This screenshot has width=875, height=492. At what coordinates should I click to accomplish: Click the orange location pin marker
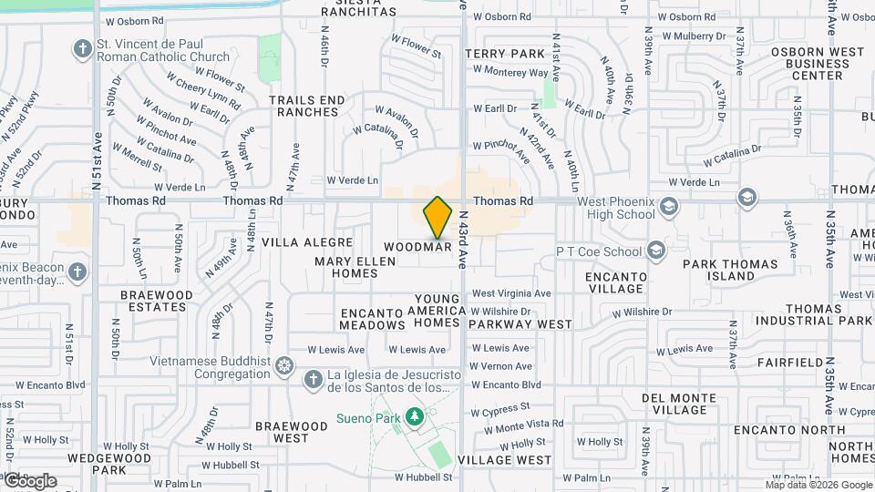[x=437, y=218]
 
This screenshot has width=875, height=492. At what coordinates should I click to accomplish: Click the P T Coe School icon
[x=655, y=251]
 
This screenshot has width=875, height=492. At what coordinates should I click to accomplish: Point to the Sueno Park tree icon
[x=415, y=417]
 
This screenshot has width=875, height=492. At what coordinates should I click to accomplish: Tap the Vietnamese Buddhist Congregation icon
[x=284, y=367]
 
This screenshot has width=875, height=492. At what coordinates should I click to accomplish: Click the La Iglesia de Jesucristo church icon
[x=313, y=379]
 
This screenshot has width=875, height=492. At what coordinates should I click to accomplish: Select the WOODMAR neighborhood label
[x=418, y=247]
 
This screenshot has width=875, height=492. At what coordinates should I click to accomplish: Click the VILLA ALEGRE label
[x=307, y=242]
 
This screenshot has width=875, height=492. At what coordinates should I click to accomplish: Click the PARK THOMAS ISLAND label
[x=731, y=271]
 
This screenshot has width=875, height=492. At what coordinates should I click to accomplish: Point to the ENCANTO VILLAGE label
[x=616, y=282]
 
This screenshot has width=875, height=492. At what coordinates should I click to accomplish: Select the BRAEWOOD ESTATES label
[x=157, y=302]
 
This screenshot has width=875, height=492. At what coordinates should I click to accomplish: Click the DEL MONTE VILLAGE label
[x=682, y=405]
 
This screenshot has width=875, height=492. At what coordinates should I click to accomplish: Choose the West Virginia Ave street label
[x=511, y=293]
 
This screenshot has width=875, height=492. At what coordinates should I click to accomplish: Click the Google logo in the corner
[x=30, y=480]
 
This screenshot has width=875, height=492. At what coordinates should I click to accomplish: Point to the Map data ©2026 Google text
[x=818, y=485]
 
